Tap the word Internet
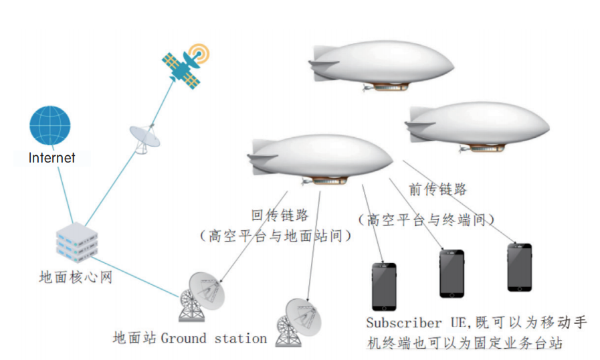52,159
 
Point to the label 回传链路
280,215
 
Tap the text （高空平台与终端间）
427,219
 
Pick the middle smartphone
452,273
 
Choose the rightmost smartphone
519,266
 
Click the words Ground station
214,338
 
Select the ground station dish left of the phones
299,321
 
